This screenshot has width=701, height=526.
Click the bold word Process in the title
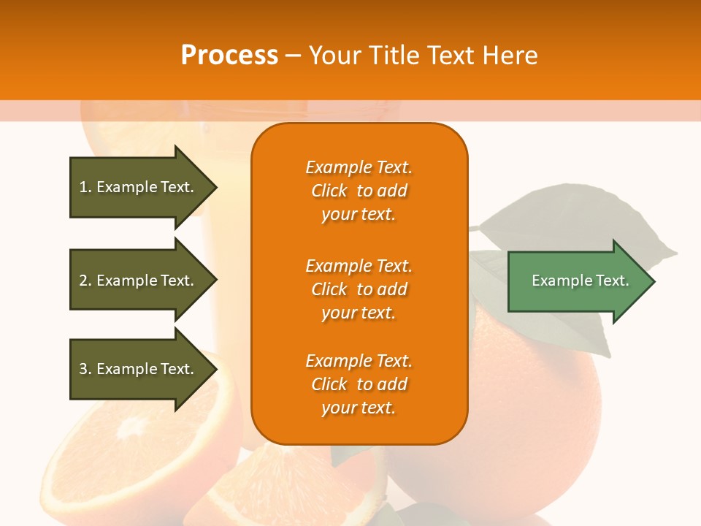[229, 55]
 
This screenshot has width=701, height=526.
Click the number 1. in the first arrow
[85, 187]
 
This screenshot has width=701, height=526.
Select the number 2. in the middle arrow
[85, 281]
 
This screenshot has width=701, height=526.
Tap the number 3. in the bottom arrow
[85, 369]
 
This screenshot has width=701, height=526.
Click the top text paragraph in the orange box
[359, 191]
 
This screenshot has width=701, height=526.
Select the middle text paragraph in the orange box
[359, 289]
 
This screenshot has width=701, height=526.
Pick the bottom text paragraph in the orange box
[359, 384]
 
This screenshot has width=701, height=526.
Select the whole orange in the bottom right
[533, 409]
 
